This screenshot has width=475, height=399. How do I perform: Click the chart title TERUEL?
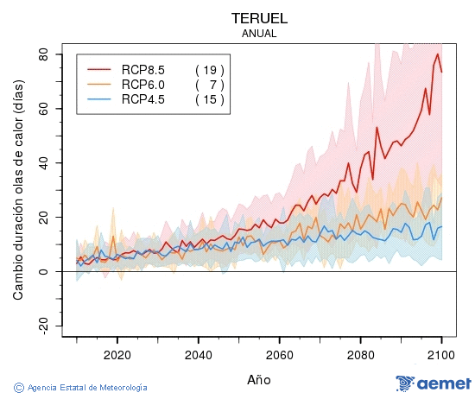pos(259,18)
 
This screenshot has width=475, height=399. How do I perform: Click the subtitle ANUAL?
pos(259,34)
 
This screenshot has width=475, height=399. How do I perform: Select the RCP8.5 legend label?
pos(142,70)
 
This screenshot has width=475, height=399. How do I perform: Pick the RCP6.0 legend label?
pos(142,85)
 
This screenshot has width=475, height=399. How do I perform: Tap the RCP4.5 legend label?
pos(142,99)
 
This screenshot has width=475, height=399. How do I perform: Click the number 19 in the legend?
pos(210,70)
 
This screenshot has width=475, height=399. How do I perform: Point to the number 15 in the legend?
pos(210,99)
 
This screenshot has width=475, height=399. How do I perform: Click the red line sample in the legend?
pos(99,70)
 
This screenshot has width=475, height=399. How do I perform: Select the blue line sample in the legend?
pos(99,99)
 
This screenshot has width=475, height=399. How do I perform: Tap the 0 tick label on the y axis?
pos(50,272)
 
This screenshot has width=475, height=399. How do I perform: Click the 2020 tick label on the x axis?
pos(117,354)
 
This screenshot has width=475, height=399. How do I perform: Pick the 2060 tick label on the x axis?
pos(279,354)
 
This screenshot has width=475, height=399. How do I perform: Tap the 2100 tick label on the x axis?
pos(441,354)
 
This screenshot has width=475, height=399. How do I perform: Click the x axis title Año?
pos(259,378)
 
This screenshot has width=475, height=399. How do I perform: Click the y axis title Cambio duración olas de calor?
pos(18,197)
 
